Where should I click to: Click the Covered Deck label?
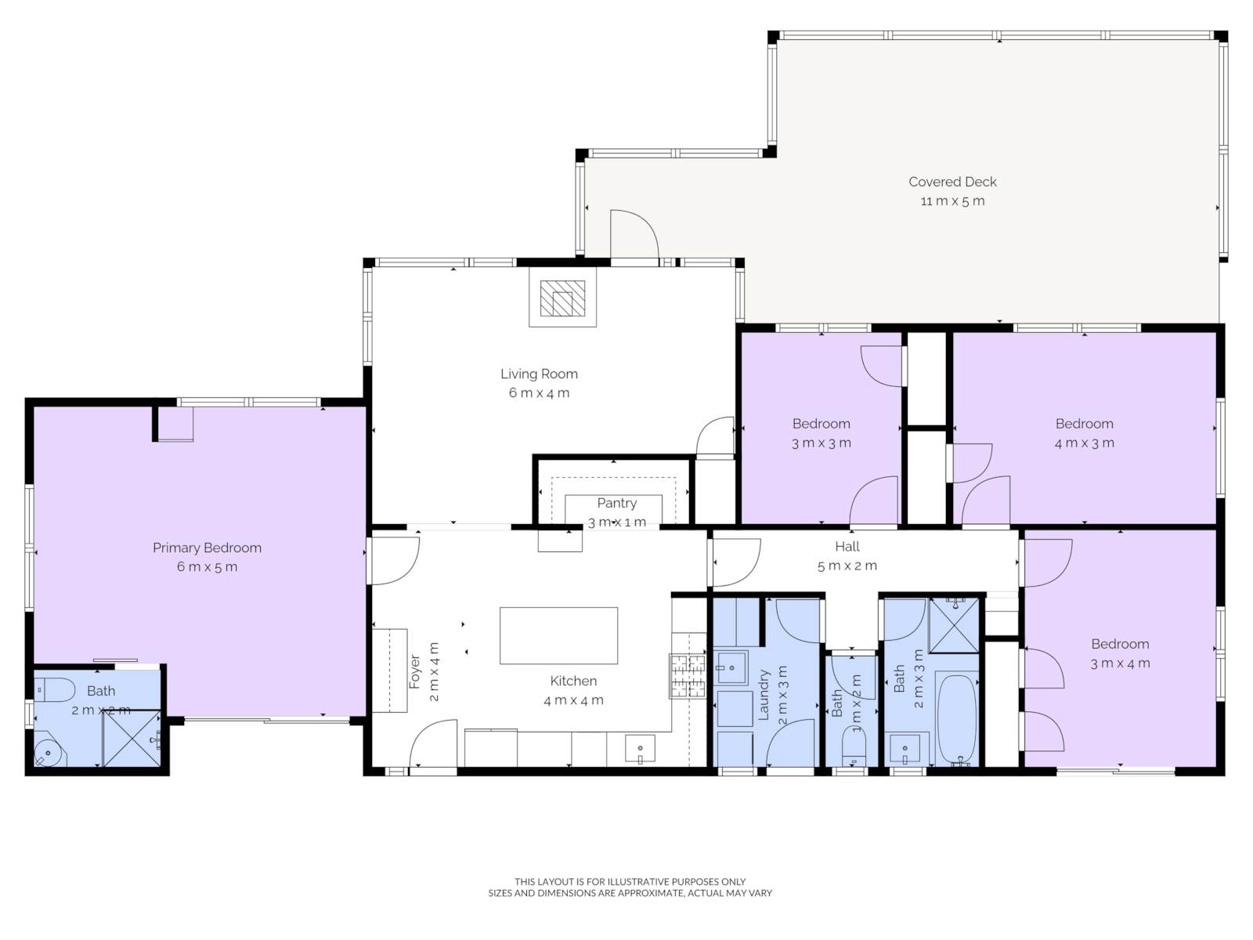(951, 182)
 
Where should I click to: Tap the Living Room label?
(539, 374)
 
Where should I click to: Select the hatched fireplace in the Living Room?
(562, 298)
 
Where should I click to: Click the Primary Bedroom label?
(208, 548)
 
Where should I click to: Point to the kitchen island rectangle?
(558, 635)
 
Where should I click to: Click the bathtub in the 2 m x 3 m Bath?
(956, 720)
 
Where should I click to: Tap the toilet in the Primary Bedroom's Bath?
(55, 690)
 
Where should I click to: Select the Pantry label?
(616, 503)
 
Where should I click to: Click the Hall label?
(847, 547)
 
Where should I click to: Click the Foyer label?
(414, 671)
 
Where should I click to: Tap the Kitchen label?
(573, 681)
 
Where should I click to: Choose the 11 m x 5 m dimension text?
(952, 201)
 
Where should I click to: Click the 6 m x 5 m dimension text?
(207, 566)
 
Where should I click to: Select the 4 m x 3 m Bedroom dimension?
(1084, 443)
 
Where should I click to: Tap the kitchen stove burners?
(688, 676)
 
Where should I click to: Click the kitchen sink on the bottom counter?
(640, 749)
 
